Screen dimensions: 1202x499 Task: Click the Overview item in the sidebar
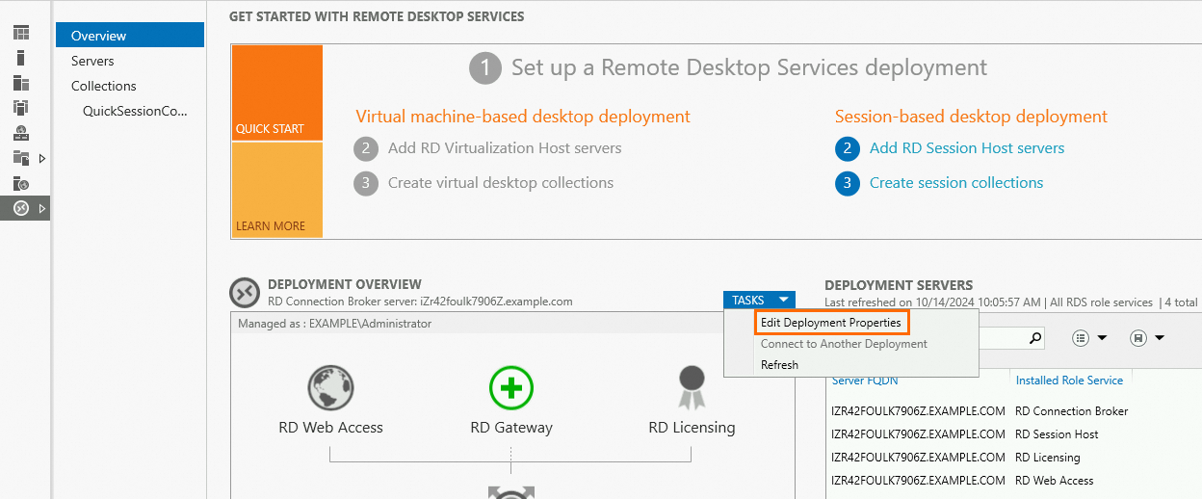tap(130, 36)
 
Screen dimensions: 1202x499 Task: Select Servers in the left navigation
tap(92, 61)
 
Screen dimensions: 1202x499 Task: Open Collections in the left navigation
tap(104, 86)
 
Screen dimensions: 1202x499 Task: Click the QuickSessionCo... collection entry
tap(135, 111)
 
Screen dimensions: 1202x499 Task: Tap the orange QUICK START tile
tap(276, 92)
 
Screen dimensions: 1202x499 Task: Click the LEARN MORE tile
tap(276, 190)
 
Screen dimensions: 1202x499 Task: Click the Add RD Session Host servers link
tap(966, 148)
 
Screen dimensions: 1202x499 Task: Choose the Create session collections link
tap(956, 183)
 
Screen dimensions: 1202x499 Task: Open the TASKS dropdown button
tap(759, 300)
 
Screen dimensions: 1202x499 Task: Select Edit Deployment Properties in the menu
tap(830, 323)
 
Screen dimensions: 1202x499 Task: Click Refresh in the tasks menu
tap(779, 365)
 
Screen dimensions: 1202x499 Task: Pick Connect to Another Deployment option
tap(844, 344)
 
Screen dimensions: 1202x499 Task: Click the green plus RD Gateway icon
tap(510, 388)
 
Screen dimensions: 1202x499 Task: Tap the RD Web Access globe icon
tap(330, 387)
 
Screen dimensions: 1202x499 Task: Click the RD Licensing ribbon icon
tap(692, 387)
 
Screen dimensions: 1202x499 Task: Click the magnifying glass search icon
tap(1035, 338)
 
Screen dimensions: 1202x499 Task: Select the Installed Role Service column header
tap(1069, 381)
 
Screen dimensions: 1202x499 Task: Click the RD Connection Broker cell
tap(1071, 411)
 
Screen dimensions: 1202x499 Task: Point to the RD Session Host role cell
tap(1056, 434)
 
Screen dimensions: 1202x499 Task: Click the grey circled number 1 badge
tap(485, 68)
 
